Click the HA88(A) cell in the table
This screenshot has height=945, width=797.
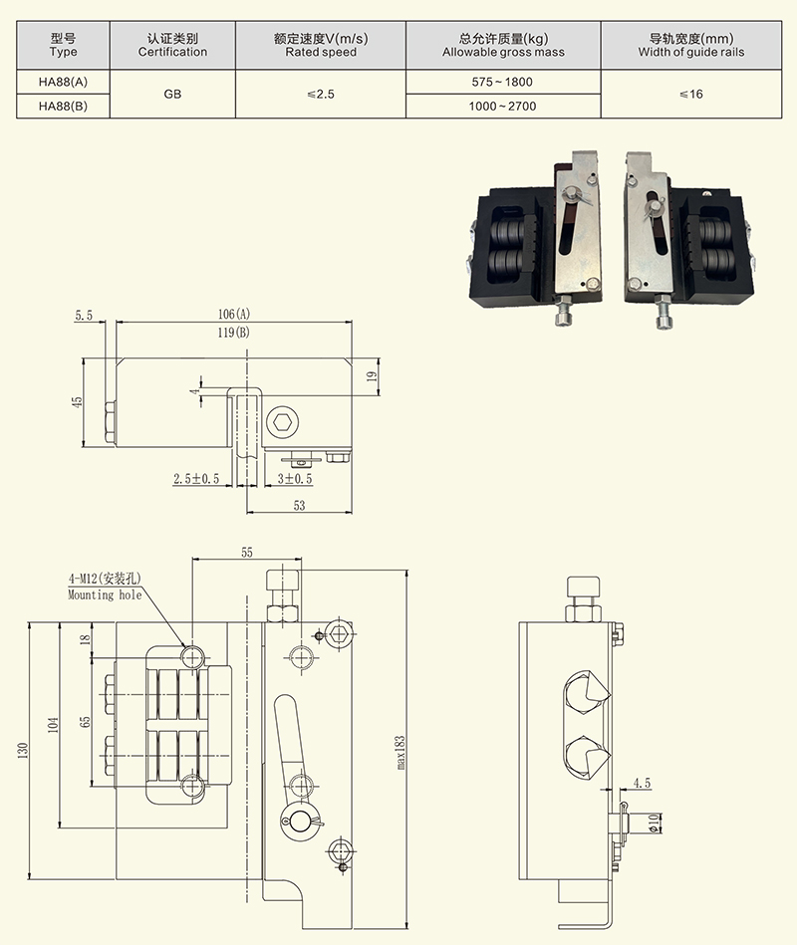pyautogui.click(x=62, y=82)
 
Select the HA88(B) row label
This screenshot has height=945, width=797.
pyautogui.click(x=62, y=106)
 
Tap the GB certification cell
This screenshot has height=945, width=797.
pyautogui.click(x=172, y=94)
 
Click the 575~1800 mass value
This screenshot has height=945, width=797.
pyautogui.click(x=503, y=82)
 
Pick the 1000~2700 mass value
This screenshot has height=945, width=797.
pyautogui.click(x=503, y=106)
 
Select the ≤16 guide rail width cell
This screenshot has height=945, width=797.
pyautogui.click(x=690, y=94)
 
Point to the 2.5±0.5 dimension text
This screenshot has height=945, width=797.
pyautogui.click(x=196, y=479)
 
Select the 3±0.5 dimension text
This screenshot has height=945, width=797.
pyautogui.click(x=295, y=479)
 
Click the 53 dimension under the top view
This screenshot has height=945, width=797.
pyautogui.click(x=300, y=505)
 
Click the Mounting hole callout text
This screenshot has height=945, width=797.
pyautogui.click(x=105, y=594)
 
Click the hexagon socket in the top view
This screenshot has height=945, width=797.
pyautogui.click(x=282, y=423)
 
